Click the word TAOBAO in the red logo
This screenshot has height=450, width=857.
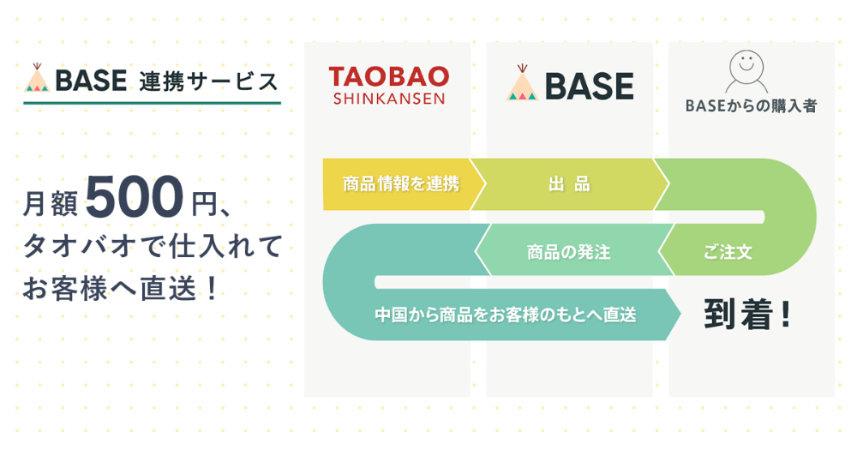point(388,76)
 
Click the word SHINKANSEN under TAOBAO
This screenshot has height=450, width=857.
point(388,99)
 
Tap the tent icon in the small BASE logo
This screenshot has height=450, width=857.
point(37,78)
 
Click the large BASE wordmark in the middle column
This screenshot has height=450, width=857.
point(588,86)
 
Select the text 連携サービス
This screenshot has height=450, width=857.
point(208,81)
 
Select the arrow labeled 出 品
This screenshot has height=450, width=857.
point(569,184)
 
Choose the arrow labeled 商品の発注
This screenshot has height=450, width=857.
point(568,252)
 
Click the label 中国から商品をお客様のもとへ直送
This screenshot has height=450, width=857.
point(506,315)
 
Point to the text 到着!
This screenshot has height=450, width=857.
point(746,315)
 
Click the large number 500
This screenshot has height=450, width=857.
point(135,197)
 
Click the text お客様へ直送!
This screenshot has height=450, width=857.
point(119,289)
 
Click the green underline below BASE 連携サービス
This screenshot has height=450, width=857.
point(152,103)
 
